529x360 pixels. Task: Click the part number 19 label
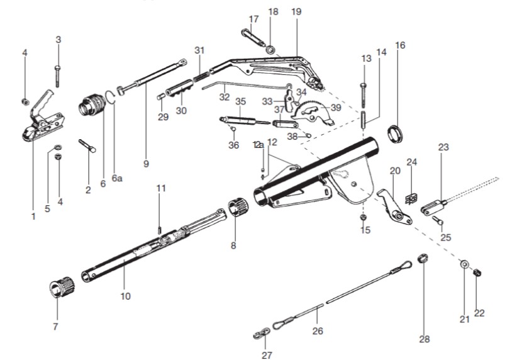(297, 11)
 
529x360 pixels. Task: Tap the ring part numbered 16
(396, 133)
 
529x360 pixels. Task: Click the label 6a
(117, 178)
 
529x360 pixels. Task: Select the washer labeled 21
(464, 263)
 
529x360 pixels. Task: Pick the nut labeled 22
(477, 272)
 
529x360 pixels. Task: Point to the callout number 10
(126, 296)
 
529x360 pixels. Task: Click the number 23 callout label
(443, 147)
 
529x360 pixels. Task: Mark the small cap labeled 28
(423, 259)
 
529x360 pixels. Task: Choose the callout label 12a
(258, 144)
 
